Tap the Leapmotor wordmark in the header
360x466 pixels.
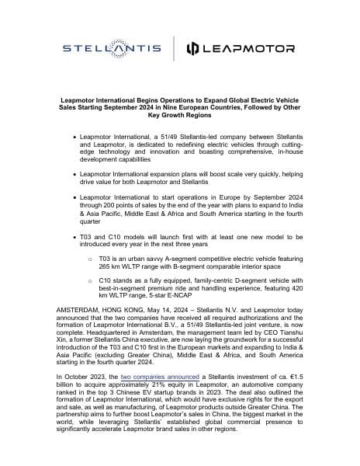[251, 50]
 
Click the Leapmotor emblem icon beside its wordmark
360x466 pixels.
[194, 50]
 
